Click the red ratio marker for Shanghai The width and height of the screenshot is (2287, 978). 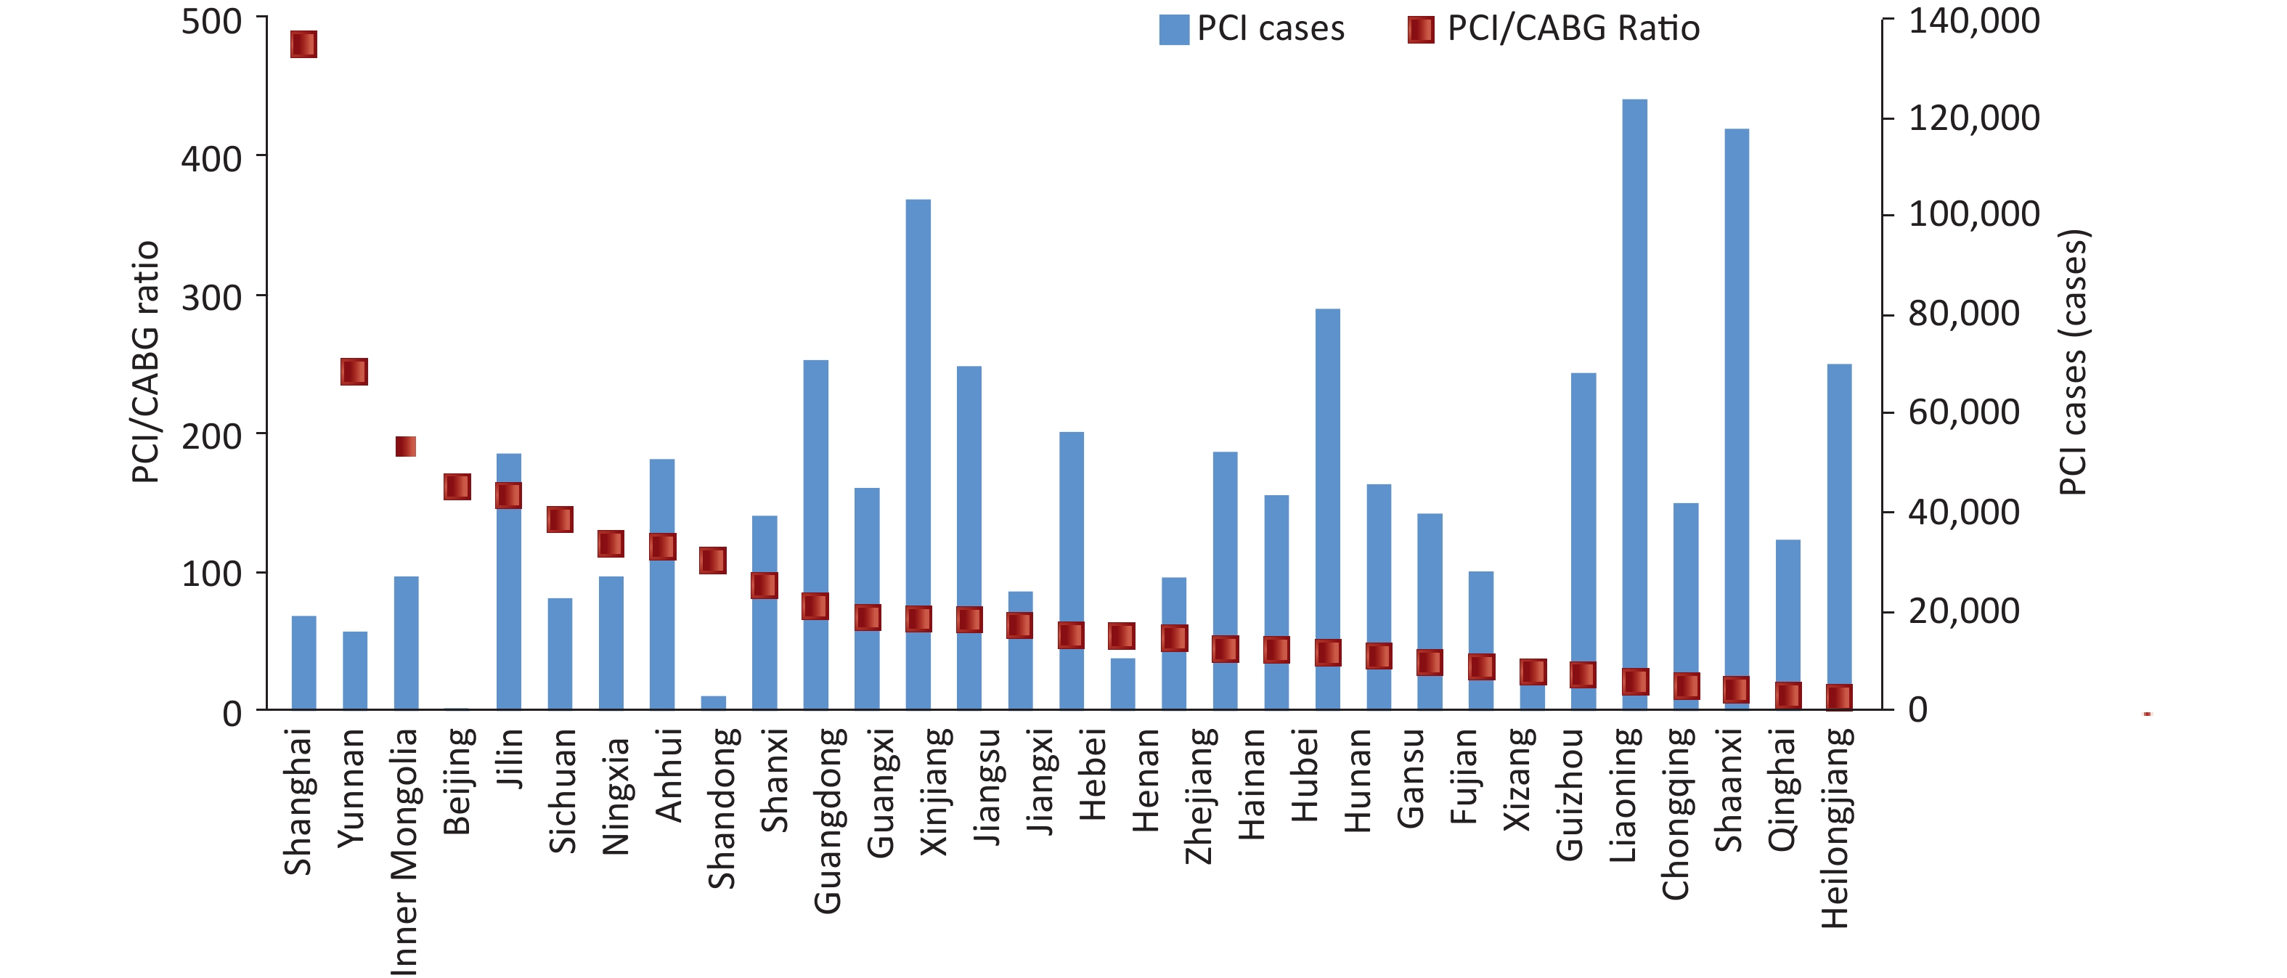[x=303, y=44]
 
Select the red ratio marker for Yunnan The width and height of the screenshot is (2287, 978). [x=354, y=372]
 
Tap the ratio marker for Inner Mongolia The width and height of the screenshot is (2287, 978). [x=406, y=447]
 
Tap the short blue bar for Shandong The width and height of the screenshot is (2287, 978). [x=713, y=702]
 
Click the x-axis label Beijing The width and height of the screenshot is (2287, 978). [x=457, y=782]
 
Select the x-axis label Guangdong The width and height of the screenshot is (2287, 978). [x=828, y=821]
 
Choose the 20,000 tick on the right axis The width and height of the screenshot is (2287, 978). [x=1965, y=611]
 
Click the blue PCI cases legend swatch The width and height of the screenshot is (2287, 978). [x=1174, y=29]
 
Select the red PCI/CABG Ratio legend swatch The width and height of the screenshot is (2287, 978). [x=1421, y=29]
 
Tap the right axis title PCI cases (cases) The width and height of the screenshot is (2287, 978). [x=2073, y=362]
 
